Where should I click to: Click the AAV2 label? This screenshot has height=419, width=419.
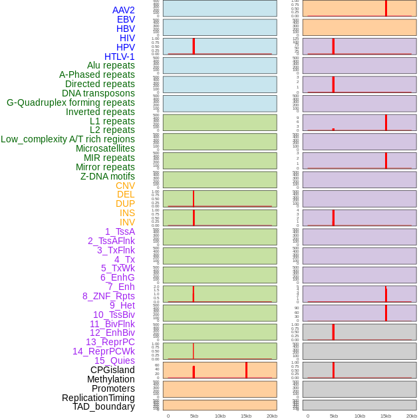point(123,10)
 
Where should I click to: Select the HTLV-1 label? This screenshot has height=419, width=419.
point(119,57)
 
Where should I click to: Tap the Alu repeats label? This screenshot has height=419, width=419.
point(110,65)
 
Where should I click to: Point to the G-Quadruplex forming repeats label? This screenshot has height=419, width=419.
point(70,102)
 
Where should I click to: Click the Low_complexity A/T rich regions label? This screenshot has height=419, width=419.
point(68,139)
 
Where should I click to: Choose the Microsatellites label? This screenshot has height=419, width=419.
point(105,148)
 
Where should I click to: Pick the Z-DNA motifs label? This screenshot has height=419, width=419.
point(107,176)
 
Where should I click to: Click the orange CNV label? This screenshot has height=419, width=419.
point(125,186)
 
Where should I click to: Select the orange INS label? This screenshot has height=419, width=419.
point(127,213)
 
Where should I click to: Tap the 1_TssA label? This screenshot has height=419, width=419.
point(120,231)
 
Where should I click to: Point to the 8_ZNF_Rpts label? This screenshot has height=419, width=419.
point(108,296)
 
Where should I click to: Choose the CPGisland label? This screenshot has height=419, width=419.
point(112,370)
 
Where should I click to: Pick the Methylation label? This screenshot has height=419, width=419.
point(110,379)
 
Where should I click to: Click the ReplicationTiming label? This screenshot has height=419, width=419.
point(98,398)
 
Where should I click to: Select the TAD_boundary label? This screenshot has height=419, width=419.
point(104,406)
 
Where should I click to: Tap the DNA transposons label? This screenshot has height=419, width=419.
point(98,93)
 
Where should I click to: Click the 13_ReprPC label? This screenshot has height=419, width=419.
point(110,342)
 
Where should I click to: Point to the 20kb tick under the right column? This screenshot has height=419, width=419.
point(411,416)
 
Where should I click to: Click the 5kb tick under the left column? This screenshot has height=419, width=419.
point(194,416)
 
